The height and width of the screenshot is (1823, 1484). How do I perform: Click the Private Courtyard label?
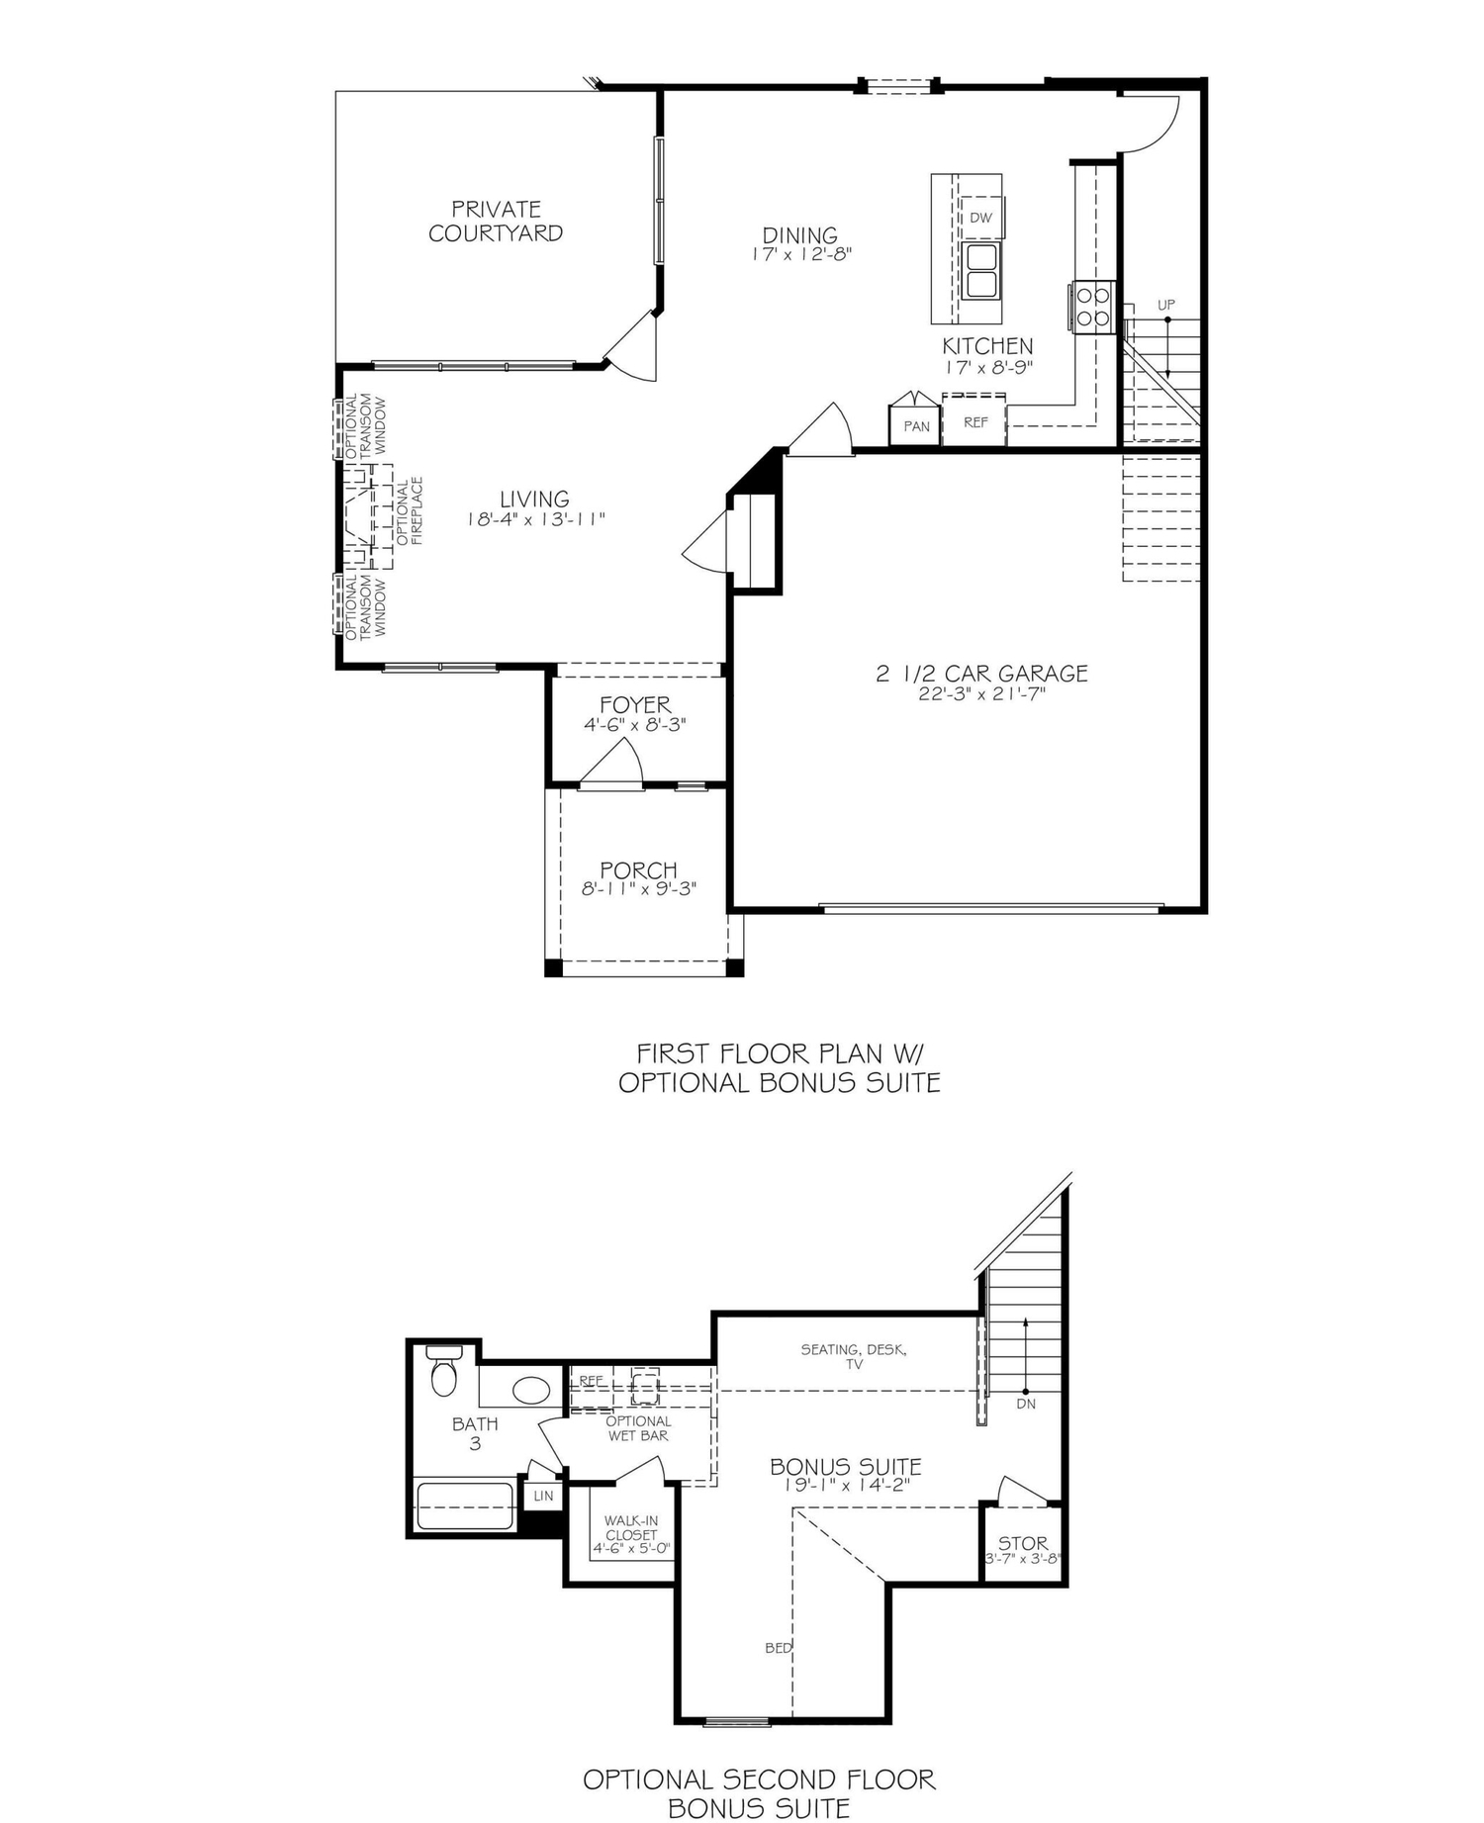496,222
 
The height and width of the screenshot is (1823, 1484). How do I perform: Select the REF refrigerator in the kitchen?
975,422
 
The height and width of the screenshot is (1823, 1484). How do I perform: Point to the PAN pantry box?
916,426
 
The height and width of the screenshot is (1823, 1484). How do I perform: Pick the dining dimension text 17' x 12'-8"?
800,254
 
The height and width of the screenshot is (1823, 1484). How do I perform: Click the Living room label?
534,500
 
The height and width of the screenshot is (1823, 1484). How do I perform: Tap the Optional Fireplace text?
410,511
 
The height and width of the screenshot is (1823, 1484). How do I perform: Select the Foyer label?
635,705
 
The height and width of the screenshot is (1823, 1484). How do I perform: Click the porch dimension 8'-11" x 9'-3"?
639,889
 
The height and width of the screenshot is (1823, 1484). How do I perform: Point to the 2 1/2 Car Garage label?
981,674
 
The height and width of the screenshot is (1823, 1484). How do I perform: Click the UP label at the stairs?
1166,306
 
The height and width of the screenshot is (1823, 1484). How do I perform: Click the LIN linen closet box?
543,1497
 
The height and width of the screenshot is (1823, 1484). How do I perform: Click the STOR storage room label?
1022,1543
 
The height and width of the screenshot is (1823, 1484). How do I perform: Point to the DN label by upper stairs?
1026,1404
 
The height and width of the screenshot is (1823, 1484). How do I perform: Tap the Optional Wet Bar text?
638,1428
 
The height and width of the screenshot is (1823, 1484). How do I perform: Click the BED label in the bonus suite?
778,1648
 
